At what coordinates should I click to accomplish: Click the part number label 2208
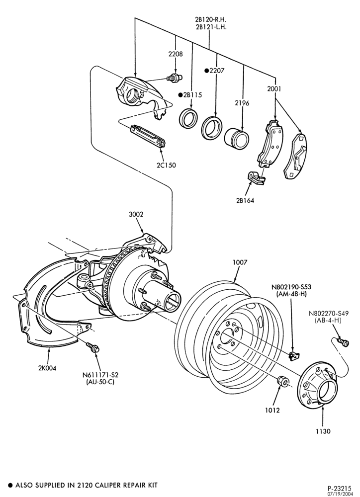pos(176,54)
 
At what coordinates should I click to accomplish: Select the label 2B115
pos(192,94)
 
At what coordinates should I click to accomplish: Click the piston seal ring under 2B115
pos(189,118)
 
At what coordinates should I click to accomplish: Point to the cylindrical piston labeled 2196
pos(237,138)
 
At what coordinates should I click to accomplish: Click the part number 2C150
pos(166,165)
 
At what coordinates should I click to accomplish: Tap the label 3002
pos(136,214)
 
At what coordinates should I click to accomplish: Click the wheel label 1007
pos(240,262)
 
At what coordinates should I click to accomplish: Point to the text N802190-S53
pos(291,287)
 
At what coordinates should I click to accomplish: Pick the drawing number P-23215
pos(341,488)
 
